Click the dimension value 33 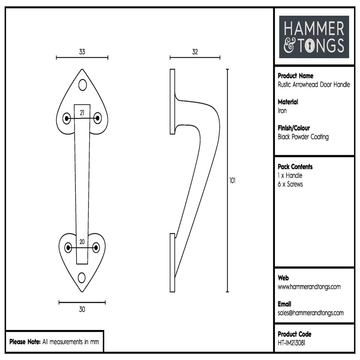(82, 52)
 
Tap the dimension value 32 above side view (195, 52)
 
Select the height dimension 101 (232, 180)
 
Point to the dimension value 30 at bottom (82, 309)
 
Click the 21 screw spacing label (82, 112)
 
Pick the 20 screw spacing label (82, 241)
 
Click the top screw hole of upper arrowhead (82, 85)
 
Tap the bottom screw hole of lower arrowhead (82, 277)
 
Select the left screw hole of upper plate (67, 118)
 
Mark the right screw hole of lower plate (96, 247)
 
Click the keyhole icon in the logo (310, 46)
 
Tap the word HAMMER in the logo (313, 29)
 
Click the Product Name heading (295, 76)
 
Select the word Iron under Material (282, 111)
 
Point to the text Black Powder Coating (303, 137)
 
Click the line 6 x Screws (290, 184)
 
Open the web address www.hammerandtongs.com (309, 287)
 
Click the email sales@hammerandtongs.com (310, 313)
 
